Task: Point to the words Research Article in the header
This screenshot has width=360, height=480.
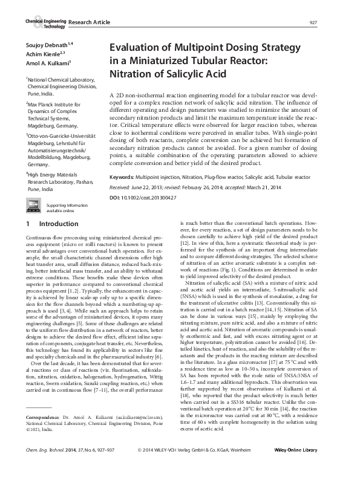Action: pyautogui.click(x=90, y=22)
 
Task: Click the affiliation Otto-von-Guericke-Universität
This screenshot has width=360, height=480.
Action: pyautogui.click(x=62, y=137)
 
